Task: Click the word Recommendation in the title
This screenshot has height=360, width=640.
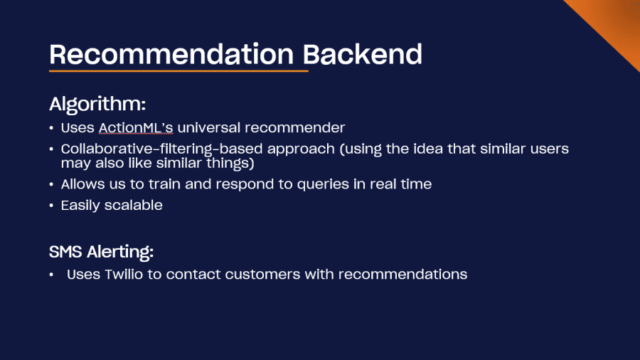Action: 171,54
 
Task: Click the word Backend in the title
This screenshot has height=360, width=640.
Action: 363,54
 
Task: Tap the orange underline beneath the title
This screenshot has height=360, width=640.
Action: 178,71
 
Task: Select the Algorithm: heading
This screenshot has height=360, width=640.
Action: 97,105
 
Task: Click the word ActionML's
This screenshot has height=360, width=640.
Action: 136,128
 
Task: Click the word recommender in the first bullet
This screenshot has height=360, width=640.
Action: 294,128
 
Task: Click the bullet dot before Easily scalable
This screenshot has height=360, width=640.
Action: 51,206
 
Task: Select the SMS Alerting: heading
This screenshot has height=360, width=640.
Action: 101,252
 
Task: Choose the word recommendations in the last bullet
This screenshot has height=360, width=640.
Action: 403,275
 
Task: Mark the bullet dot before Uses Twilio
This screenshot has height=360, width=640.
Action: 51,275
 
